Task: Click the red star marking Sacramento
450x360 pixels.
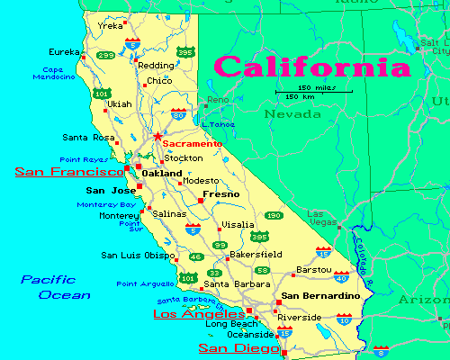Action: (157, 137)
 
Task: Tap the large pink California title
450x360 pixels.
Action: (306, 67)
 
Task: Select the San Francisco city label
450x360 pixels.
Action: (68, 171)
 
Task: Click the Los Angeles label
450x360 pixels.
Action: (199, 314)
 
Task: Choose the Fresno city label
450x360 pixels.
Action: (220, 193)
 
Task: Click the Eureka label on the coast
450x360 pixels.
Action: (65, 52)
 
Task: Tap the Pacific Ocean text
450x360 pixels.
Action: (56, 287)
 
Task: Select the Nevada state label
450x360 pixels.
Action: (292, 114)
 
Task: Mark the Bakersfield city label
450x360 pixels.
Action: (256, 255)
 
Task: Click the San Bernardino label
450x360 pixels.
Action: (320, 295)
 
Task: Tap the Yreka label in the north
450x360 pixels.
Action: (110, 26)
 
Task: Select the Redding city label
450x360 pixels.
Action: (156, 66)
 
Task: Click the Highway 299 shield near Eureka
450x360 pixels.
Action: (106, 55)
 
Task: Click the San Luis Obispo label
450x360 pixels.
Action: (137, 255)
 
